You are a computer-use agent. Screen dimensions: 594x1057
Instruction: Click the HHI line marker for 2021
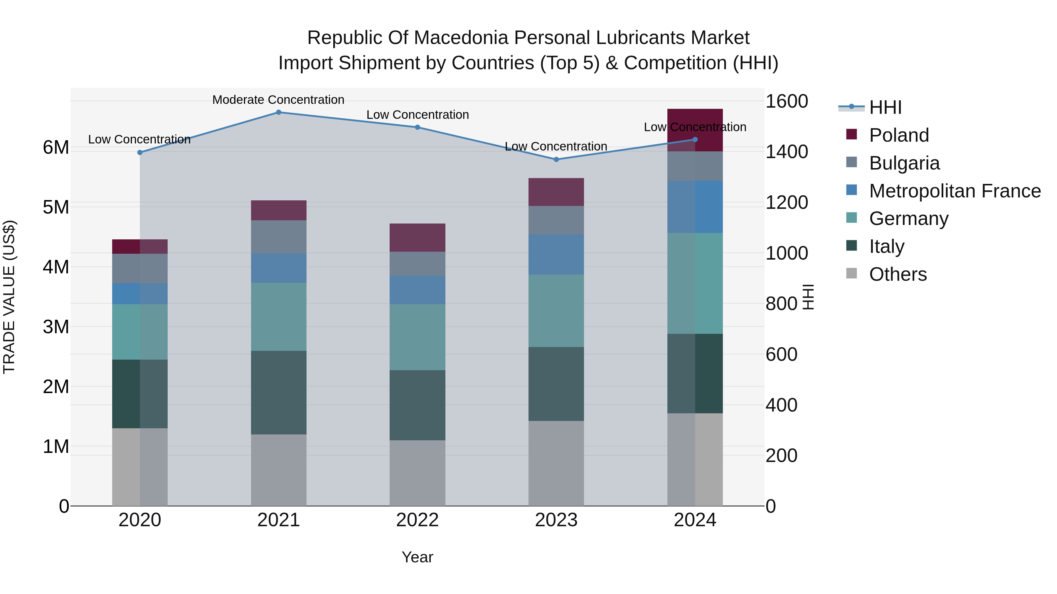point(279,112)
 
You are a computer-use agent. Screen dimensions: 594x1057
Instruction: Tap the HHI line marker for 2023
point(556,160)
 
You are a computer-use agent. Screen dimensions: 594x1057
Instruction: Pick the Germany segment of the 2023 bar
point(556,311)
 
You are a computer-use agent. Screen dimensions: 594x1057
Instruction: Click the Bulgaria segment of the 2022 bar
point(417,264)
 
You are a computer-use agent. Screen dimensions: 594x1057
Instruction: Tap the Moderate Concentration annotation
point(278,100)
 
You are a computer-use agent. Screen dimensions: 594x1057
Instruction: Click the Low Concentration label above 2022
point(417,115)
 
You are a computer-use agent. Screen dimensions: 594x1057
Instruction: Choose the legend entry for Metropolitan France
point(955,191)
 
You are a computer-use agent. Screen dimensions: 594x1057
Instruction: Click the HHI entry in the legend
point(885,107)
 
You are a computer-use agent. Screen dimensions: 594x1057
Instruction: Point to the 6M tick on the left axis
point(56,148)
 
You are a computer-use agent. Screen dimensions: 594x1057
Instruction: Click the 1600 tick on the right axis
point(787,101)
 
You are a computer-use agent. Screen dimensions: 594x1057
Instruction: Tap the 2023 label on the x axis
point(556,520)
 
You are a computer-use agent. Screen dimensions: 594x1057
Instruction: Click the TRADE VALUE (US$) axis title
point(9,297)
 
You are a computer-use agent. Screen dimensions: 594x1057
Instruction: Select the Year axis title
point(417,557)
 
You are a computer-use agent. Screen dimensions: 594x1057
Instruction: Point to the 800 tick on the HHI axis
point(781,304)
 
